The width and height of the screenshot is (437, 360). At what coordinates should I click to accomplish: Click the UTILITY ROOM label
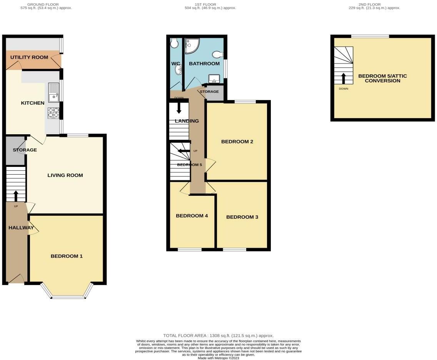tap(29, 57)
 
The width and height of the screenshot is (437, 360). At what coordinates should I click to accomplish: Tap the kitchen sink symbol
tap(53, 92)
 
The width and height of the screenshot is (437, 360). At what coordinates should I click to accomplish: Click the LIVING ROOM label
tap(65, 175)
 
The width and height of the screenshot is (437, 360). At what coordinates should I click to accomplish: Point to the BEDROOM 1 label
tap(67, 256)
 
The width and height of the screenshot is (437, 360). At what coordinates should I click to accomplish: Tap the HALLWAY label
tap(21, 228)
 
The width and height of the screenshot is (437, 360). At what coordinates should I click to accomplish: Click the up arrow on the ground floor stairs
tap(16, 196)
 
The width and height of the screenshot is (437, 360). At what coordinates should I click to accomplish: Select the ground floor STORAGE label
tap(25, 150)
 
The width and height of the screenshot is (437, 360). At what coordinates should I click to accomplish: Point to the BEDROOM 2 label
tap(237, 142)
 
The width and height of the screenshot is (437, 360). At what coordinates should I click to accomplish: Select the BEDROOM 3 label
tap(242, 217)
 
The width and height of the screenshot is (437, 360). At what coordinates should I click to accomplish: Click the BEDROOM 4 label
tap(192, 216)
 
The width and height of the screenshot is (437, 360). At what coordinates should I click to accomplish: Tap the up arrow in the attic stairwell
tap(344, 78)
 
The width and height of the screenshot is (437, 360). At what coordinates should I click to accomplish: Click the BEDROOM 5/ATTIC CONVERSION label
tap(382, 78)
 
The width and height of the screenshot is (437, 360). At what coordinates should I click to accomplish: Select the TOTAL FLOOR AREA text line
tap(218, 335)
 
